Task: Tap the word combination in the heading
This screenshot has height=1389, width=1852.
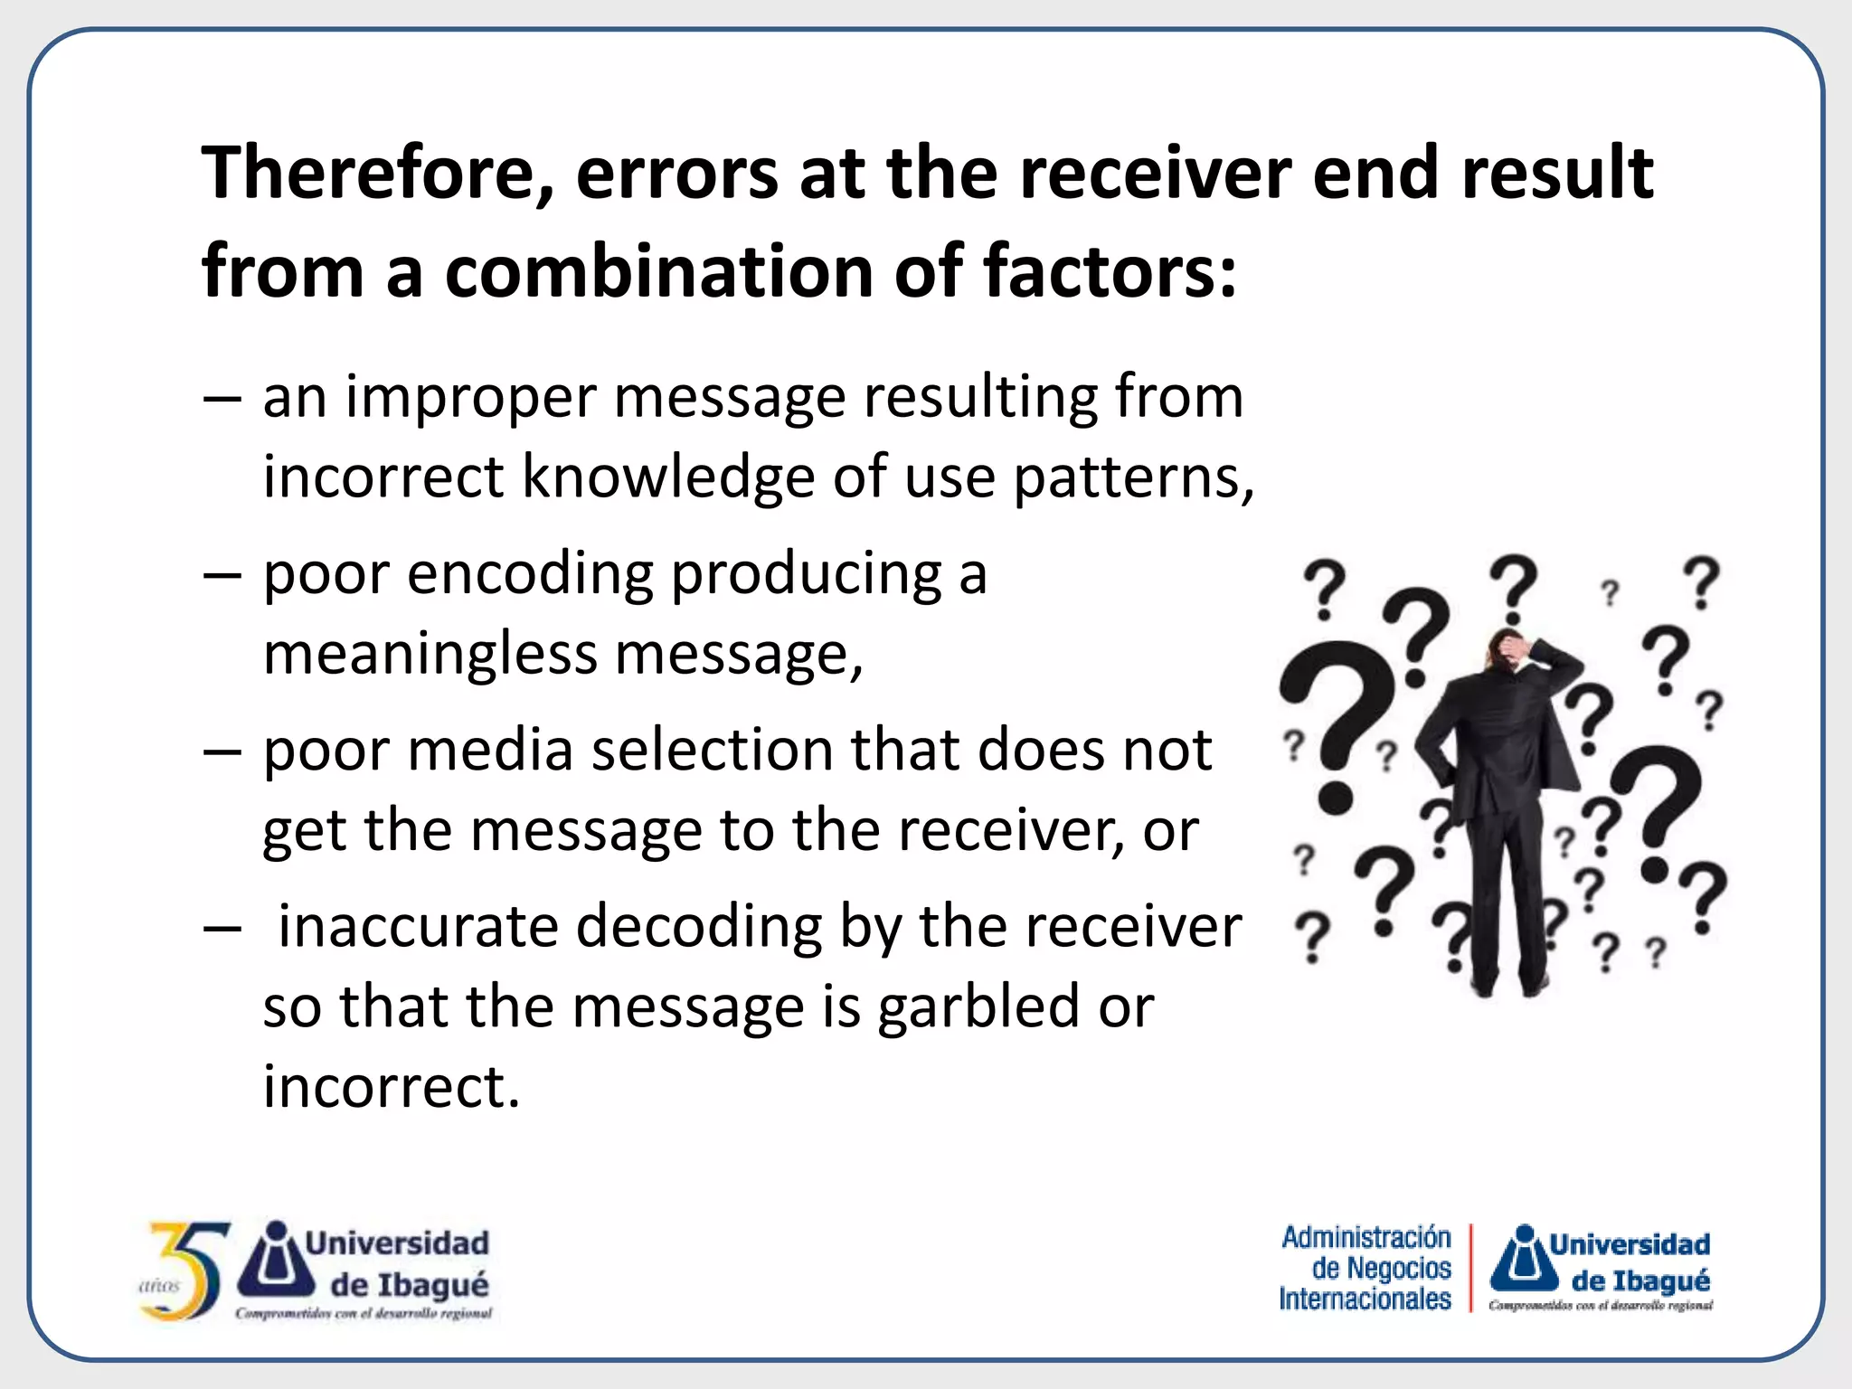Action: [x=658, y=271]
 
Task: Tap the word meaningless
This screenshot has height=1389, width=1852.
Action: [x=430, y=653]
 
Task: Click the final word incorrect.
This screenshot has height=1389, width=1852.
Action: [x=391, y=1086]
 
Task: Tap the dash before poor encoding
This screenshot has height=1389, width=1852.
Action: [x=222, y=575]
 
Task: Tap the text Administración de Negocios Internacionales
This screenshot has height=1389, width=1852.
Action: [x=1365, y=1268]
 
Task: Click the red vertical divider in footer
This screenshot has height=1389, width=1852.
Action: [x=1471, y=1268]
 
